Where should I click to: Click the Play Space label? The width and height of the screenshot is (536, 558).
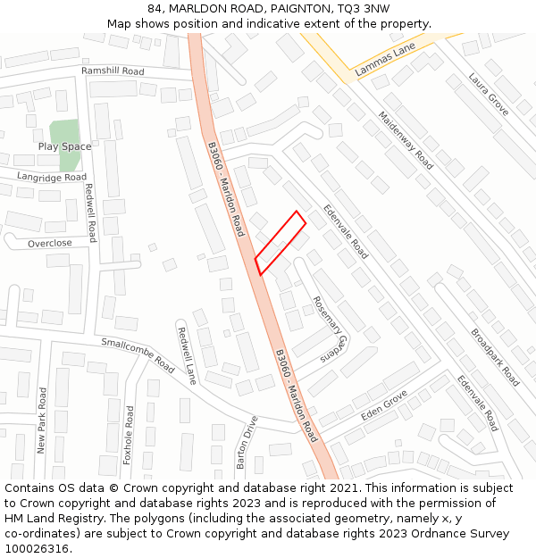[64, 146]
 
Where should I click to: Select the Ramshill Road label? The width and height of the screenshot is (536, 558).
[113, 71]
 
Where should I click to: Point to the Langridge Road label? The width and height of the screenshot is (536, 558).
[52, 178]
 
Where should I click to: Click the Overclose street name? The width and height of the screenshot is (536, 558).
[50, 244]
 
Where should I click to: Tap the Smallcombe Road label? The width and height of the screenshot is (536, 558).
[138, 354]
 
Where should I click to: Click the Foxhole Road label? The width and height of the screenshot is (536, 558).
[128, 435]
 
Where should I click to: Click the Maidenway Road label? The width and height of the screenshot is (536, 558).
[406, 140]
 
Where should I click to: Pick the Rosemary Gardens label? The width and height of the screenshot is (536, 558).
[328, 329]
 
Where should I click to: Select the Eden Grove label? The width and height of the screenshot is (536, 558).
[384, 405]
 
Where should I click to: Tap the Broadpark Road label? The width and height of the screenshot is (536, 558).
[495, 357]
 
